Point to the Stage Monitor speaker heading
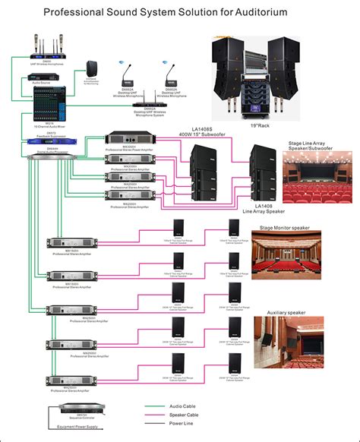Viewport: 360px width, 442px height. click(x=285, y=226)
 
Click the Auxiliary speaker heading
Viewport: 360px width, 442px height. click(x=286, y=312)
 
